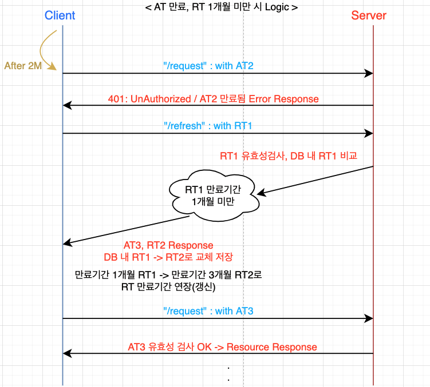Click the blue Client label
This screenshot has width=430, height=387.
(x=60, y=15)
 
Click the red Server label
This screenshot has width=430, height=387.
(x=369, y=15)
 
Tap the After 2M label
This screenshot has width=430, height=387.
(x=23, y=66)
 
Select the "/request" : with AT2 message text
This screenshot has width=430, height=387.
(x=208, y=66)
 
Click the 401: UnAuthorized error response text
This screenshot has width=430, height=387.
(x=213, y=99)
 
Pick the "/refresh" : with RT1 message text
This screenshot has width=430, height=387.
(x=208, y=126)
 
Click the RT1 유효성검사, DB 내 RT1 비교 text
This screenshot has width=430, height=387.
(x=289, y=155)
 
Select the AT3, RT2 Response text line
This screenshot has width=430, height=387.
(x=168, y=245)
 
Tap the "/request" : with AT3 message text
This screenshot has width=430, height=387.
(x=208, y=311)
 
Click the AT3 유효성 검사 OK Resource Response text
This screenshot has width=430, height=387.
(x=222, y=346)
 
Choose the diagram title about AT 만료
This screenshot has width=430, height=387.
(x=222, y=7)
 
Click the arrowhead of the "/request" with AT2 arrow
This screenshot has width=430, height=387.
(x=370, y=73)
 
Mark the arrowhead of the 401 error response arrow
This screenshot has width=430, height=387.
(x=66, y=106)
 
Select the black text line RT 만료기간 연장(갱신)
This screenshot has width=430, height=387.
(x=168, y=288)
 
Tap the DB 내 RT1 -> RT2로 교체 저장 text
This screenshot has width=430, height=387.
(x=168, y=257)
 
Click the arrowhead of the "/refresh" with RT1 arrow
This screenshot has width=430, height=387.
(x=370, y=133)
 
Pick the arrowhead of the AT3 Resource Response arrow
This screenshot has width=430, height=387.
(x=66, y=353)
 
